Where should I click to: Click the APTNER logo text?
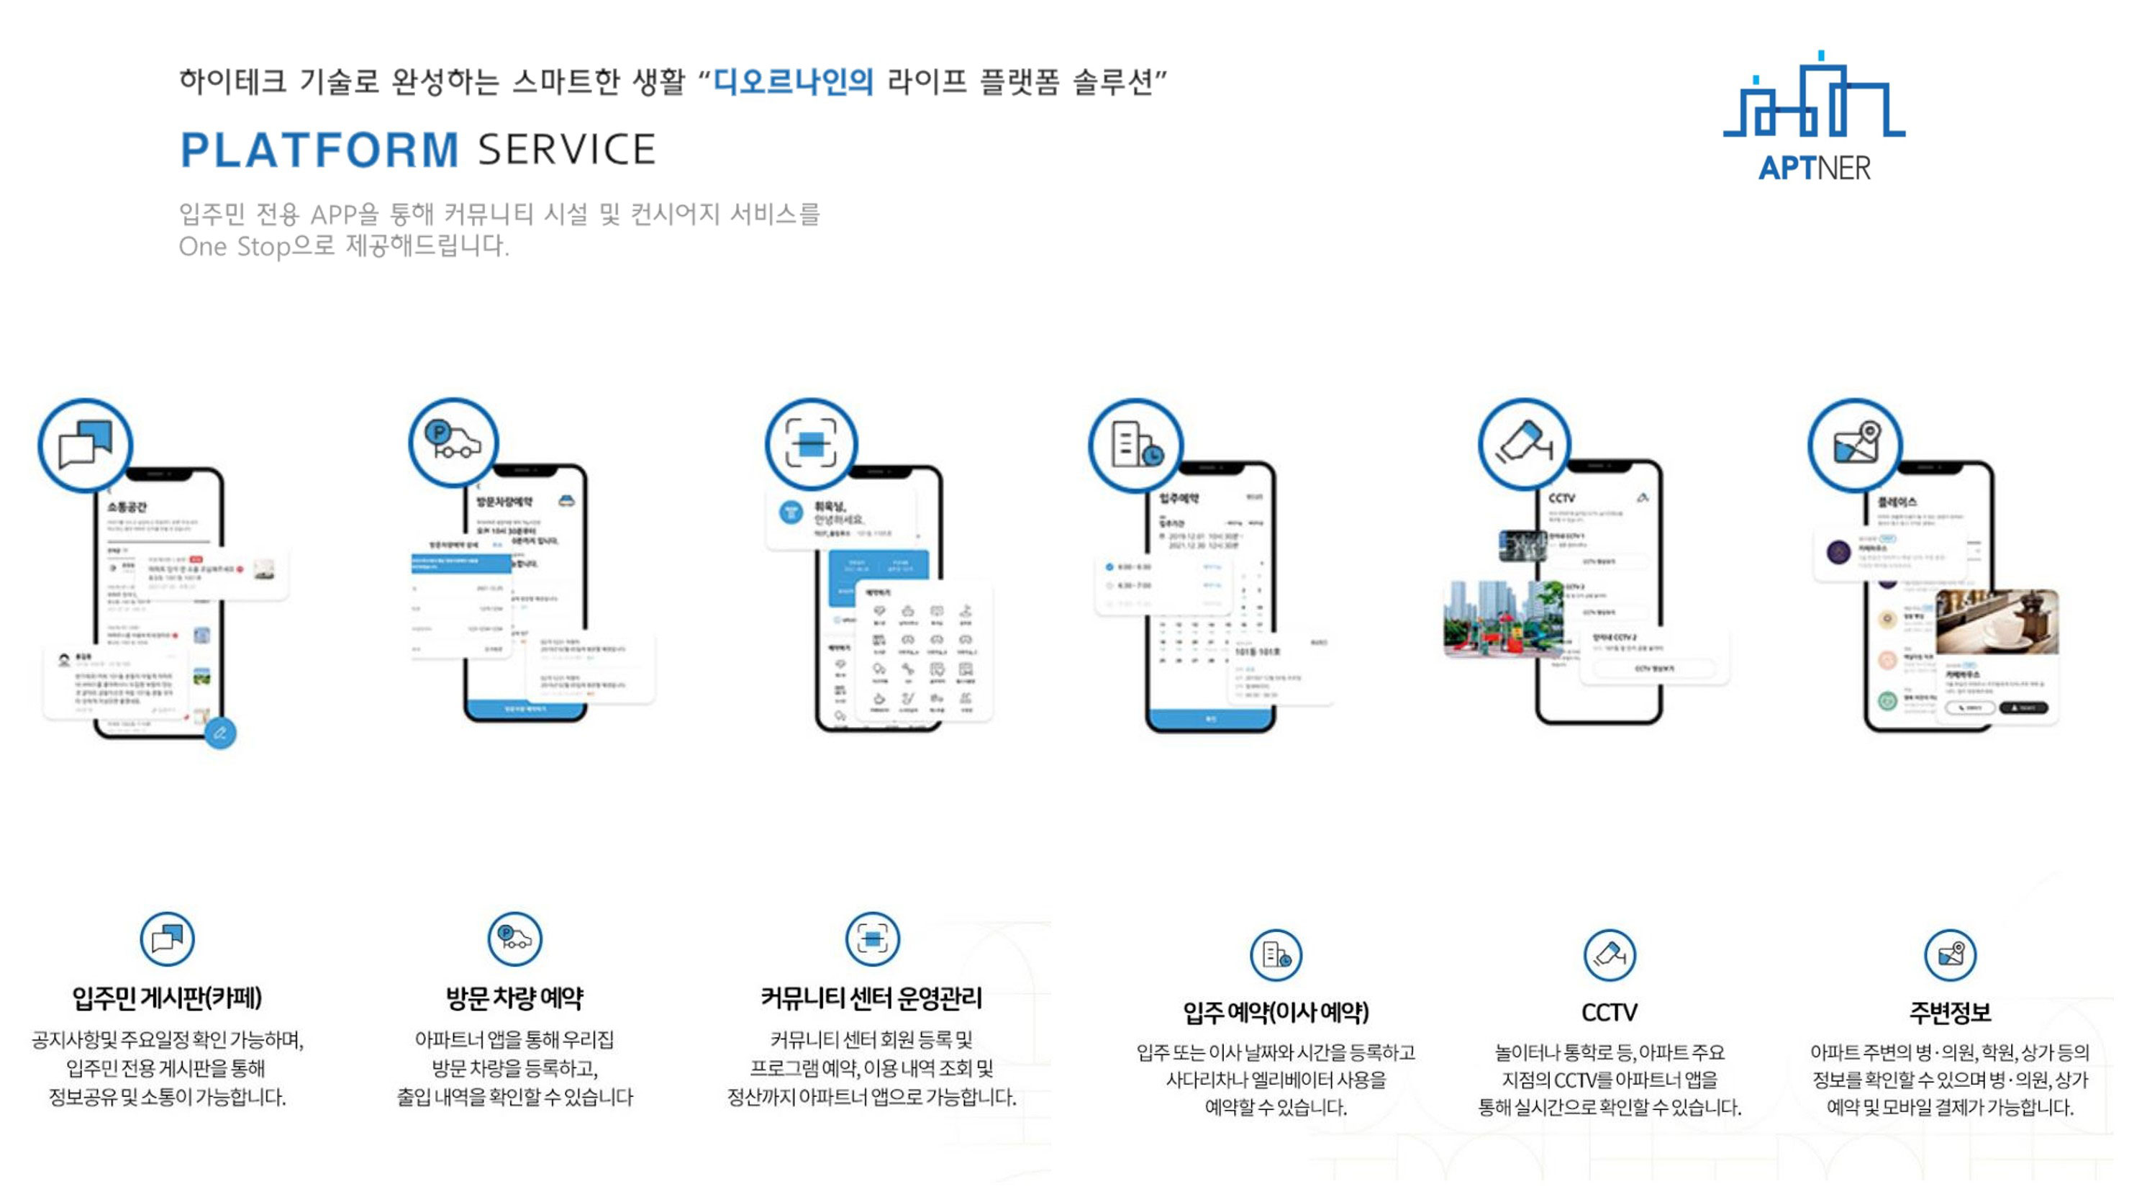pyautogui.click(x=1814, y=168)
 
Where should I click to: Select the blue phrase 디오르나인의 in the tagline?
pyautogui.click(x=794, y=81)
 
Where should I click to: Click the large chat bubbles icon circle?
pyautogui.click(x=85, y=445)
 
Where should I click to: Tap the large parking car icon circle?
pyautogui.click(x=453, y=442)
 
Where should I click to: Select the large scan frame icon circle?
pyautogui.click(x=811, y=443)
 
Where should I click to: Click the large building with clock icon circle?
pyautogui.click(x=1135, y=445)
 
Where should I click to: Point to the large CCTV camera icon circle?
pyautogui.click(x=1525, y=443)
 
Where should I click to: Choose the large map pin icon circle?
pyautogui.click(x=1854, y=444)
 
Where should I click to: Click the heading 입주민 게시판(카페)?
pyautogui.click(x=168, y=998)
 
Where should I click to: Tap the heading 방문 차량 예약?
pyautogui.click(x=514, y=998)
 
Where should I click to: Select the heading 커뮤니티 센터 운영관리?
pyautogui.click(x=871, y=998)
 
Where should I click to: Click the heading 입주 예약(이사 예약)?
pyautogui.click(x=1276, y=1012)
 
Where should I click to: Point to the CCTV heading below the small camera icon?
pyautogui.click(x=1610, y=1012)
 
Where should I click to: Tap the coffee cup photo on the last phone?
pyautogui.click(x=1997, y=622)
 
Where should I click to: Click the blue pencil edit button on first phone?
pyautogui.click(x=220, y=733)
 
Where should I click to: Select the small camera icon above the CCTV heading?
pyautogui.click(x=1610, y=954)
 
